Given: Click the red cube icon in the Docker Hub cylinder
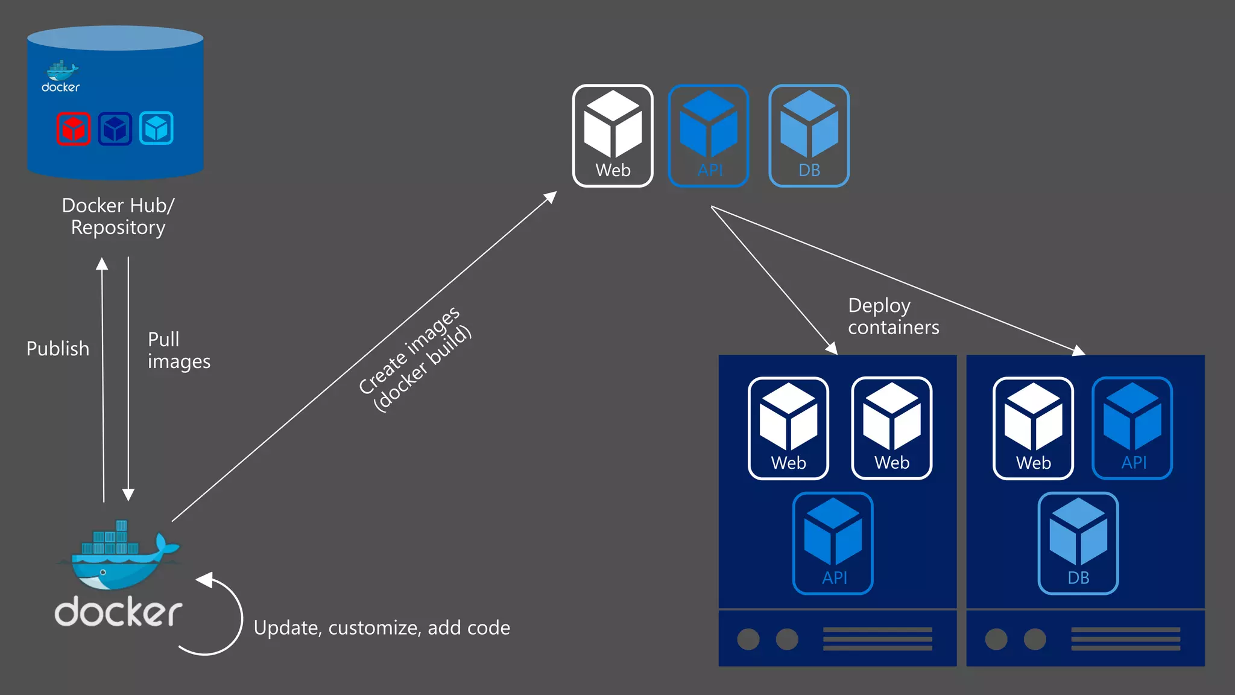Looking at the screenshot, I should (x=74, y=129).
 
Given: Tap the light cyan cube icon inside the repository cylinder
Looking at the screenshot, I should (x=156, y=128).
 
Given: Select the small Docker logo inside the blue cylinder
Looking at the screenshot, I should (x=61, y=77).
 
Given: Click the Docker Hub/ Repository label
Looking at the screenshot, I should (x=118, y=217).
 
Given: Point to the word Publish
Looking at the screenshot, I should (x=58, y=349).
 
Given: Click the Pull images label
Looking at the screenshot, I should (x=178, y=350).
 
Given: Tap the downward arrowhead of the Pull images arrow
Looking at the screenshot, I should (x=128, y=495).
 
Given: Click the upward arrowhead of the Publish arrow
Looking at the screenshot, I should (x=102, y=264).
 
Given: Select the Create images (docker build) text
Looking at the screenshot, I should (x=415, y=360).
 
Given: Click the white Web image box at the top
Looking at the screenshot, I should (x=613, y=136).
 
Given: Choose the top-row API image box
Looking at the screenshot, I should (x=709, y=136).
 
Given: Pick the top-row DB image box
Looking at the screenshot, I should (x=809, y=136).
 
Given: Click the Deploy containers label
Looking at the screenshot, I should (x=893, y=316).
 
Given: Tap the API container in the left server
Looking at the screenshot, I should (x=833, y=543).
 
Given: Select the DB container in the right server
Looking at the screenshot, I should (x=1078, y=543).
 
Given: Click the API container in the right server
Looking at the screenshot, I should (x=1132, y=428).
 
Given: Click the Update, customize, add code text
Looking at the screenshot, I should (x=382, y=628).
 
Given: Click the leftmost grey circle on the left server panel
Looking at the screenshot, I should (x=748, y=639).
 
